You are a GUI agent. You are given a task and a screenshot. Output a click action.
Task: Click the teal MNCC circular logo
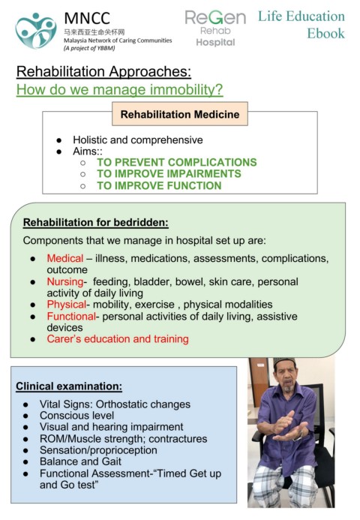coord(36,31)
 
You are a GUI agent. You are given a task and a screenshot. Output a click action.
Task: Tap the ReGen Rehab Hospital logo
coord(215,29)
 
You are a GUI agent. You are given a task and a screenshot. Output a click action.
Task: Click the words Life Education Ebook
coord(301,25)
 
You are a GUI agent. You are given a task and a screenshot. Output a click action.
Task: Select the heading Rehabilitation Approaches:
coord(103,71)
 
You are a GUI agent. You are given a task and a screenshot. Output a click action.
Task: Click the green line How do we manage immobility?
coord(120,90)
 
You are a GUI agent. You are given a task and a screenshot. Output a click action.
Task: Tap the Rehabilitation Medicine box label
coord(180,114)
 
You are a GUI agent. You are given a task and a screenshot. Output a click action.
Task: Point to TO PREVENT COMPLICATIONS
coord(177,162)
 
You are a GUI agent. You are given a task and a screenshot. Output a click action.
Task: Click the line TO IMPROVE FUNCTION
coord(159,185)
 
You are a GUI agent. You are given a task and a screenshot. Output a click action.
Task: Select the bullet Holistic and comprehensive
coord(138,140)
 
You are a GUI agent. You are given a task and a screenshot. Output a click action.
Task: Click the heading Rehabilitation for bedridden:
coord(96,222)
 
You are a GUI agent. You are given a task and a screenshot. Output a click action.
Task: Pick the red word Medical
coord(65,258)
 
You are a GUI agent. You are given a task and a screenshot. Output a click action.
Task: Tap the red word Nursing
coord(65,281)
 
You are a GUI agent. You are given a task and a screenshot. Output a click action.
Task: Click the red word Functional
coord(71,317)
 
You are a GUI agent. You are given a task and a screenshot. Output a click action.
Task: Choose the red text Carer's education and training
coord(118,339)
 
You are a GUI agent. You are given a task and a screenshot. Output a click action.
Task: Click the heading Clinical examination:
coord(69,386)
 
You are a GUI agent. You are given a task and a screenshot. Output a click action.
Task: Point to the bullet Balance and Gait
coord(80,461)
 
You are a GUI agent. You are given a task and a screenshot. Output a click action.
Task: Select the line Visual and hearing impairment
coord(112,427)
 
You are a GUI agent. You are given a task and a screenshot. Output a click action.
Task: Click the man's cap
coord(284,362)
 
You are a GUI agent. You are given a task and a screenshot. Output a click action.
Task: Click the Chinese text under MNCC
coord(94,32)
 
